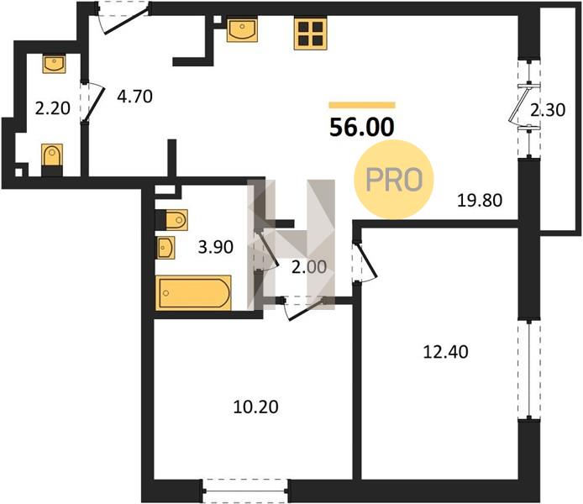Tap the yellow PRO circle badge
(x=394, y=180)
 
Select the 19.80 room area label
(x=480, y=201)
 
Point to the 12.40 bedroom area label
(x=446, y=352)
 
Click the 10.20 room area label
(x=256, y=407)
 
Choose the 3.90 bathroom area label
(x=216, y=247)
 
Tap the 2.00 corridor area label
(x=309, y=267)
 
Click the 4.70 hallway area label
(x=134, y=97)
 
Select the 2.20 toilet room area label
(x=52, y=109)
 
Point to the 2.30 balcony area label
(x=548, y=110)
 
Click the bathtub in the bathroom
(x=193, y=293)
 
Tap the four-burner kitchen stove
(x=311, y=34)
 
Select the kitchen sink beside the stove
(x=242, y=30)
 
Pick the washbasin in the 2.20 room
(x=55, y=64)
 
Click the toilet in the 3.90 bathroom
(x=171, y=220)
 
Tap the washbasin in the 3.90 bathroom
(x=165, y=248)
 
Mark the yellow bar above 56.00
(x=362, y=105)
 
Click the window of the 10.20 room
(x=245, y=491)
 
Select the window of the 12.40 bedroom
(x=529, y=370)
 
